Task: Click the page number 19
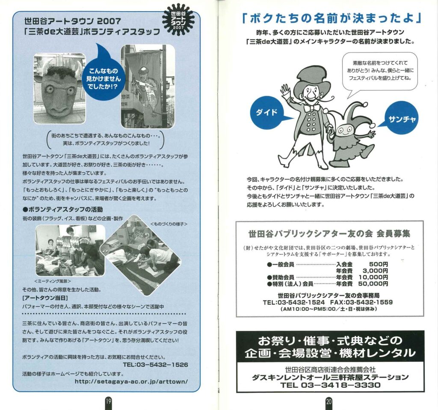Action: pos(108,401)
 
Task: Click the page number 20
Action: pos(329,401)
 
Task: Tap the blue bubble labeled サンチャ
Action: pos(401,118)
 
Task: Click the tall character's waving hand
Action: pos(286,90)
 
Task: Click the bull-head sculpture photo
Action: pos(59,88)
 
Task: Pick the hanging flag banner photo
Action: pos(148,86)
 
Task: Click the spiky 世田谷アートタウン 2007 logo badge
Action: pos(178,21)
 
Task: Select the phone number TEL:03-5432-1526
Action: pos(156,365)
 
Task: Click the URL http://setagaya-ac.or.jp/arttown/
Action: pos(131,381)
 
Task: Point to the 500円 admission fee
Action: pos(379,264)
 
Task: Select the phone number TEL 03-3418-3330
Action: pos(331,385)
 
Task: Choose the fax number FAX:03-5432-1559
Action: pos(361,302)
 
